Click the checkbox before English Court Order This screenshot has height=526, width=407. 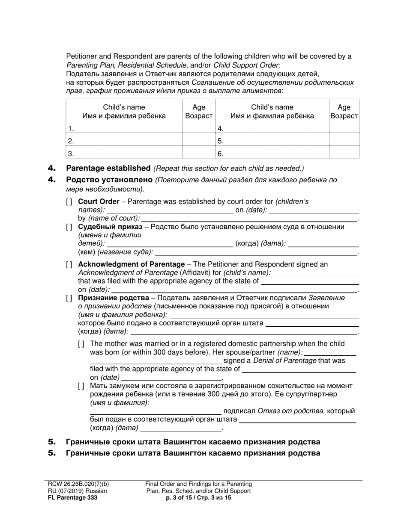click(x=69, y=202)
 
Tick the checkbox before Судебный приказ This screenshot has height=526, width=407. click(x=69, y=227)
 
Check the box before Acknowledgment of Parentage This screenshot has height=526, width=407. click(x=69, y=265)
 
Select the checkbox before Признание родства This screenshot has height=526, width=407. click(x=69, y=298)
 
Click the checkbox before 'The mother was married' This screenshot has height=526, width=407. click(x=81, y=344)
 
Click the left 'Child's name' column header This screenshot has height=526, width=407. click(x=124, y=111)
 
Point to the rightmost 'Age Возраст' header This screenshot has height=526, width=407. click(x=344, y=111)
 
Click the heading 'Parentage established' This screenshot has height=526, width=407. click(x=108, y=168)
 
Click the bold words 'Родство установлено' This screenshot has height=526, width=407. click(x=109, y=180)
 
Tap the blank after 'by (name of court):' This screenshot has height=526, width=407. click(x=248, y=219)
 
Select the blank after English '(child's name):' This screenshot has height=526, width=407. click(x=316, y=273)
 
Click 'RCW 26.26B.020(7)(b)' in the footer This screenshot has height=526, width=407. click(x=78, y=484)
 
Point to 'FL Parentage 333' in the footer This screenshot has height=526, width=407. click(x=72, y=498)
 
